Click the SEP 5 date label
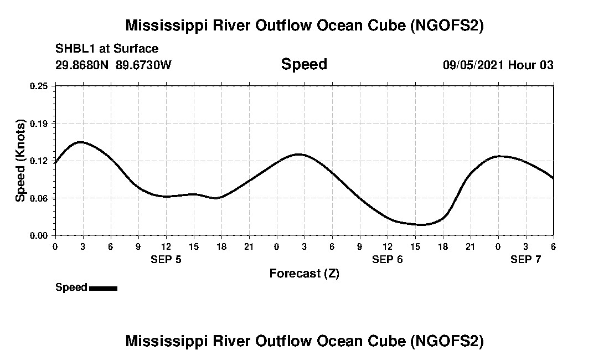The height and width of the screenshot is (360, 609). coord(166,259)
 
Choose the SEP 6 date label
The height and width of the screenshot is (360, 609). coord(388,259)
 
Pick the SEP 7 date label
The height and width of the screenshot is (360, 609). coord(525,259)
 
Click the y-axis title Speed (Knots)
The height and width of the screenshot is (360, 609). coord(20,160)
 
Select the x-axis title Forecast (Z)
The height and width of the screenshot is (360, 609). coord(304,273)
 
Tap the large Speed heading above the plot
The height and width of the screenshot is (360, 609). coord(304,64)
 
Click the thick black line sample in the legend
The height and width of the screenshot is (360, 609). coord(103,288)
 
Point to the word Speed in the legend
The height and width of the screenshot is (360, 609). coord(71,287)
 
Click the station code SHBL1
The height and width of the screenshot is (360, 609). coord(75,49)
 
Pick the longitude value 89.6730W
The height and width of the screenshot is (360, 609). coord(143,65)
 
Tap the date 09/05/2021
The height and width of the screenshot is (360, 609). coord(473,65)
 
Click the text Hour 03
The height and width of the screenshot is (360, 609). coord(531,65)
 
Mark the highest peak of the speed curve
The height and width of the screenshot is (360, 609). coord(81,142)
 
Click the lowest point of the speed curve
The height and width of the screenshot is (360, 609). coord(422,225)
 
